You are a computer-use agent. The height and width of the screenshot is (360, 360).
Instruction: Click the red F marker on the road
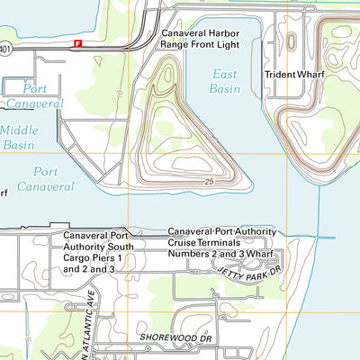tap(78, 43)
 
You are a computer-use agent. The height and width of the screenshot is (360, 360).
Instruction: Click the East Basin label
tap(226, 81)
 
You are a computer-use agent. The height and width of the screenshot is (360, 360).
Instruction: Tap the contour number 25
tap(208, 183)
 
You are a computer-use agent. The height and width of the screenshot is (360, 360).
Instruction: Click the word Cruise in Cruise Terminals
tap(185, 244)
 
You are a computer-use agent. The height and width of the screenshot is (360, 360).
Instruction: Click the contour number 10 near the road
tap(117, 93)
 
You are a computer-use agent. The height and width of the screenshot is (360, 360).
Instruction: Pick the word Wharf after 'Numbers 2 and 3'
tap(257, 256)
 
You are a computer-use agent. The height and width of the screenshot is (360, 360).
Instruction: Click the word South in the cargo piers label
tap(121, 246)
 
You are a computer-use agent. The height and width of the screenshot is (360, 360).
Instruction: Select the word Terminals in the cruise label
tap(229, 244)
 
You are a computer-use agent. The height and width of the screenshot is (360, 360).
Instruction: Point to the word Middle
tap(19, 130)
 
